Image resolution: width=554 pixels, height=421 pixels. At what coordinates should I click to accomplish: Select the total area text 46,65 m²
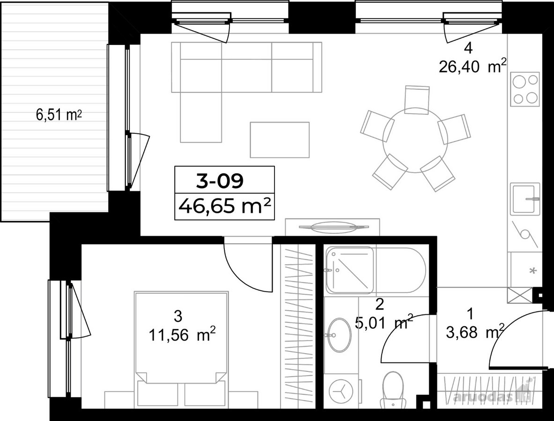click(225, 206)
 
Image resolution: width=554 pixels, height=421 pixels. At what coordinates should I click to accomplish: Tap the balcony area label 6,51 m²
click(59, 115)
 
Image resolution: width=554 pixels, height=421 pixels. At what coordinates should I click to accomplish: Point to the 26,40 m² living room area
click(473, 66)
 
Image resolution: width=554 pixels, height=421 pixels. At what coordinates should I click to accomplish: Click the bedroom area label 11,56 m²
click(182, 334)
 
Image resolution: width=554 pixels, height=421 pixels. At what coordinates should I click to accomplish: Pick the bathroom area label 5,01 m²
click(384, 322)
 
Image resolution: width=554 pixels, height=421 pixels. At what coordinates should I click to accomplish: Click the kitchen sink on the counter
click(525, 199)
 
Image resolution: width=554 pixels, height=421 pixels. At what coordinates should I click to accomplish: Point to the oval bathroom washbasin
click(339, 335)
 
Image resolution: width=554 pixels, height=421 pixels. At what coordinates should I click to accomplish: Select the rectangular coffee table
click(280, 140)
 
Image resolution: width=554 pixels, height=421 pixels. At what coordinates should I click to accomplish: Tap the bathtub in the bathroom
click(377, 270)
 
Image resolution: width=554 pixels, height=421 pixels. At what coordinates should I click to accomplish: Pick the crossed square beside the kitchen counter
click(519, 295)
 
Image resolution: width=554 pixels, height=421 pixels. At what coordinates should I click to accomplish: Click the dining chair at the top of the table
click(417, 99)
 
